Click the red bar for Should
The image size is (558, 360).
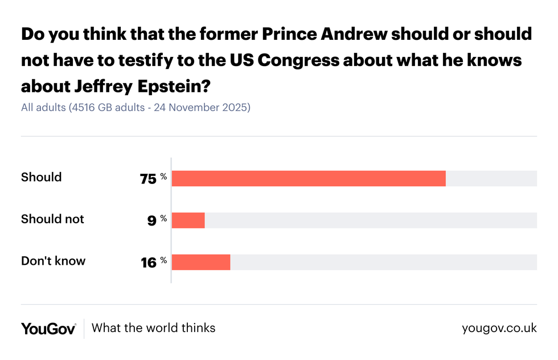(308, 178)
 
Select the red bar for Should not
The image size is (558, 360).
(188, 220)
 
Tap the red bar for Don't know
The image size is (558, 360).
(200, 262)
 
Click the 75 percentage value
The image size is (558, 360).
(148, 179)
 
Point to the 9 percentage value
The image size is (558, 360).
(151, 220)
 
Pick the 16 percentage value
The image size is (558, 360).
(148, 263)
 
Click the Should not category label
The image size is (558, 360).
(52, 219)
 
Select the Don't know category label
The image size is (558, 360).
(53, 261)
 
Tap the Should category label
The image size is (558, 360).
(41, 177)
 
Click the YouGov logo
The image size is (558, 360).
(48, 328)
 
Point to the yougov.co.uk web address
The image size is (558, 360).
(499, 328)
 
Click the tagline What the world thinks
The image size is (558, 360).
(153, 328)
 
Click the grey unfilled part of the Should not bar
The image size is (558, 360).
(370, 220)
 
